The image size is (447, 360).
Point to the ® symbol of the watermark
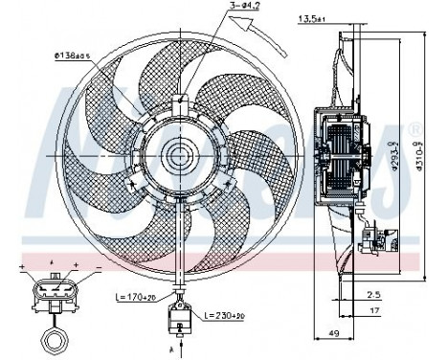[x=413, y=127]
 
